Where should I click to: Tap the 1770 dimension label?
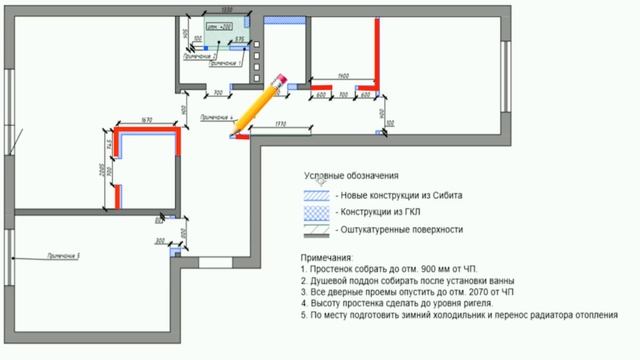(280, 123)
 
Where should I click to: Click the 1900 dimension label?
(343, 76)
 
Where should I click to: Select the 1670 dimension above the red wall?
(147, 121)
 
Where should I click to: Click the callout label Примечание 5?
(62, 256)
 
